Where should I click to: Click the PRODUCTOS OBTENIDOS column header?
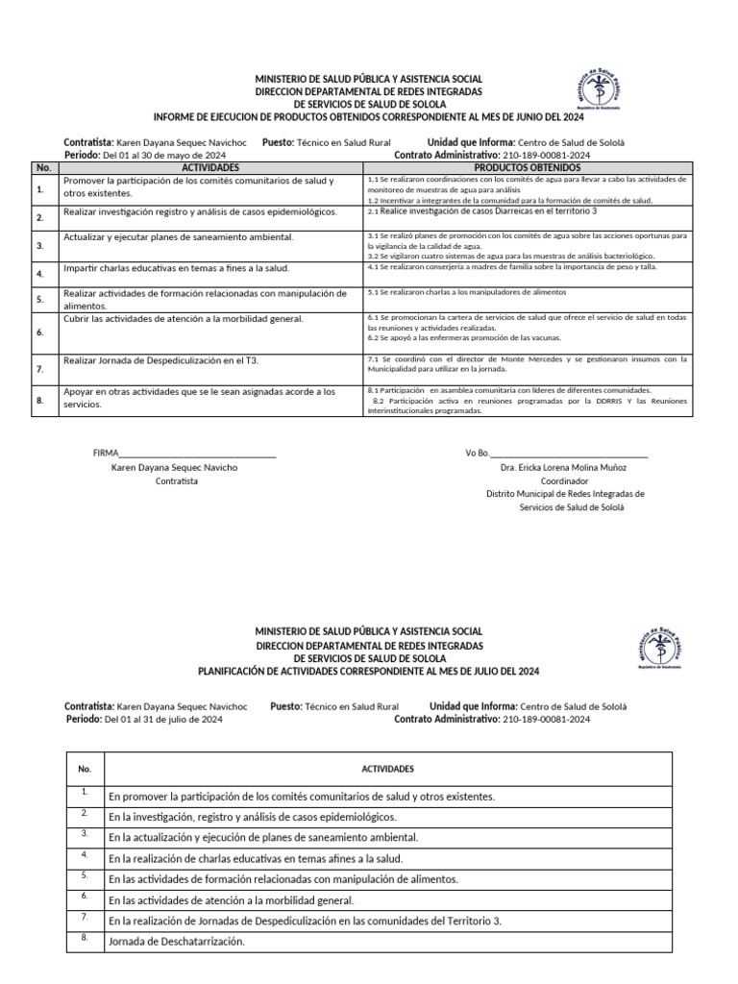tap(528, 167)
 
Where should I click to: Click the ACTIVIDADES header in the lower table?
tap(387, 770)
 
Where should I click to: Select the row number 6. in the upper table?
tap(40, 332)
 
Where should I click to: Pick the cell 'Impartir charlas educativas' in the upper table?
tap(176, 268)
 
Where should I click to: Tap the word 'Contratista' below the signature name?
tap(176, 480)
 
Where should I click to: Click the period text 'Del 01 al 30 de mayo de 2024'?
tap(164, 155)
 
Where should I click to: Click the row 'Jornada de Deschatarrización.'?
tap(177, 942)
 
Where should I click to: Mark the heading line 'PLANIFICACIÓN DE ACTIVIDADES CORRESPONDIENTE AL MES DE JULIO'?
tap(370, 672)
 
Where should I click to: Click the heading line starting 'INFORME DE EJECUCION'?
tap(370, 116)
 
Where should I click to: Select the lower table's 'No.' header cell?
tap(85, 770)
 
